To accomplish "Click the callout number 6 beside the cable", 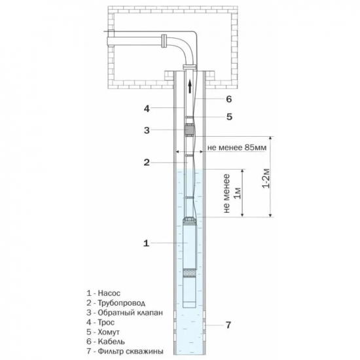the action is click(x=229, y=99).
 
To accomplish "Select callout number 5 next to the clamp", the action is click(x=229, y=117).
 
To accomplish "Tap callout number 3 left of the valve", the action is click(x=147, y=130).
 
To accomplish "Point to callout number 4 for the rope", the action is click(x=147, y=109).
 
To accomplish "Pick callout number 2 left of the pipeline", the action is click(x=147, y=162).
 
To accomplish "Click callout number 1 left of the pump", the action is click(x=146, y=243).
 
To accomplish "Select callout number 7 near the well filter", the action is click(x=228, y=325).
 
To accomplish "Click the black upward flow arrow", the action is click(x=190, y=86).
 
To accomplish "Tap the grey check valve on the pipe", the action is click(x=189, y=130).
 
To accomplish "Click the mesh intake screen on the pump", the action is click(x=189, y=273).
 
